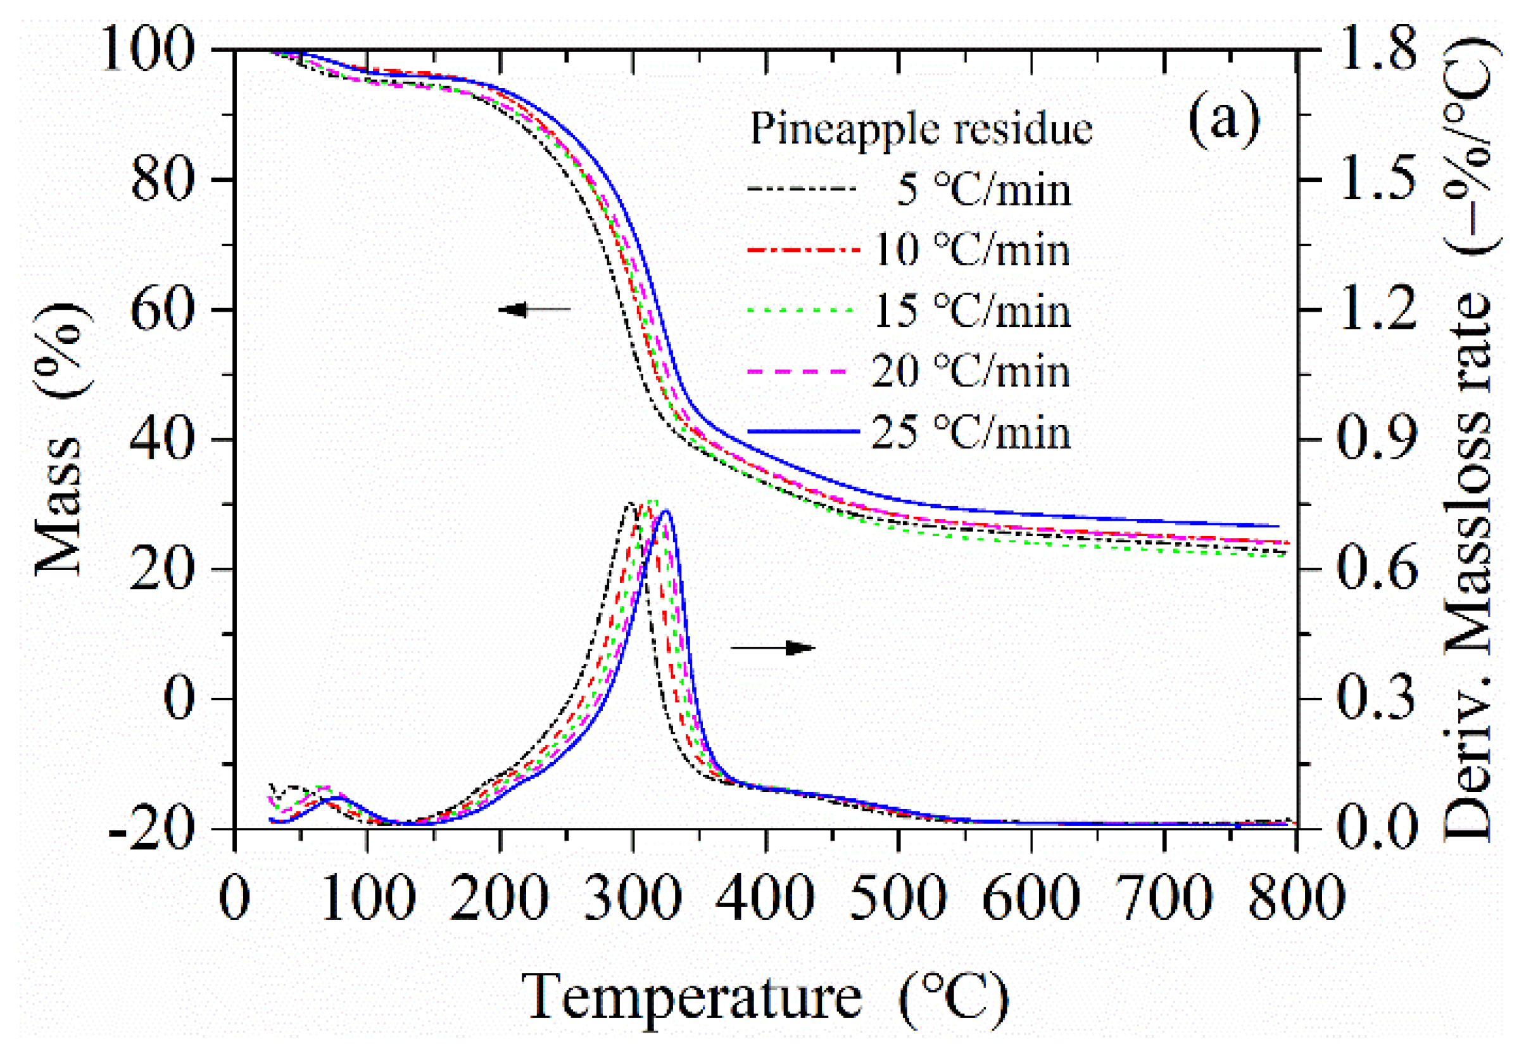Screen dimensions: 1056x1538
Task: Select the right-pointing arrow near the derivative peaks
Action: [773, 647]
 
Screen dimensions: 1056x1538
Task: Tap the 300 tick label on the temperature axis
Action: [633, 898]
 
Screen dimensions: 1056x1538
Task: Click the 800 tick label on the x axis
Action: [1295, 898]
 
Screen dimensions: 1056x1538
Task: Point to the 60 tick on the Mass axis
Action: [163, 310]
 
